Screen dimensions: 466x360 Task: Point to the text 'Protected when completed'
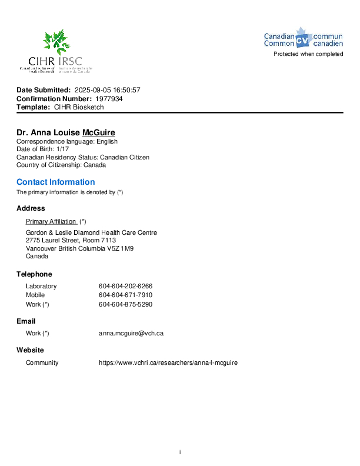tap(308, 54)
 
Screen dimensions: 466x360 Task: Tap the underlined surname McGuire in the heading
tap(98, 133)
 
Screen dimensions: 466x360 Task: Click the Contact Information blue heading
tap(55, 182)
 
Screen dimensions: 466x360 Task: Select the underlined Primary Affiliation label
tap(51, 221)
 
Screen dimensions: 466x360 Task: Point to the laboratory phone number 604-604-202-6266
tap(125, 286)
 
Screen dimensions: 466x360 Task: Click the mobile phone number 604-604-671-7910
tap(125, 295)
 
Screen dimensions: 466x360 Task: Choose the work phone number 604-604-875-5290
tap(125, 304)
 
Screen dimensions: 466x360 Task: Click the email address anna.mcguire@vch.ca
tap(131, 333)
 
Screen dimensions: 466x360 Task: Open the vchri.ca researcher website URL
tap(168, 362)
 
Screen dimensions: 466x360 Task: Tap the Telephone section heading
tap(34, 274)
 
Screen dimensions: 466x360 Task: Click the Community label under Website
tap(42, 362)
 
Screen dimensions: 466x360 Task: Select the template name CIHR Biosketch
tap(79, 108)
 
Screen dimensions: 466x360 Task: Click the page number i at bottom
tap(180, 452)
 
